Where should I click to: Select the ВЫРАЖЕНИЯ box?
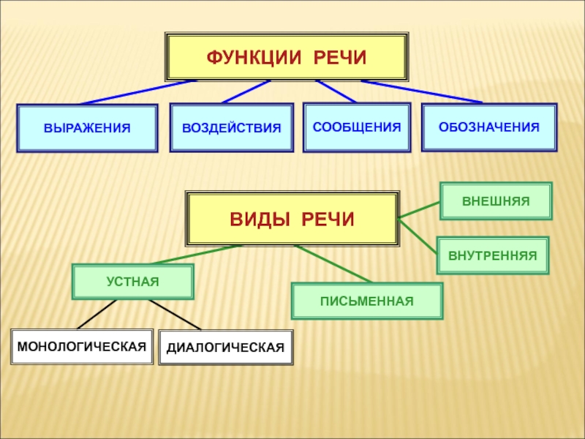[87, 128]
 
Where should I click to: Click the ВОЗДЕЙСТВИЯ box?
[231, 128]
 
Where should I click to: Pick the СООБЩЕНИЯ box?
[357, 127]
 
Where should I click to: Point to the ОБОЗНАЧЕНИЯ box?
[489, 127]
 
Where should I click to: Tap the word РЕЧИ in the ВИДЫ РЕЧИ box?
[327, 218]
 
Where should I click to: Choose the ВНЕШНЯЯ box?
[496, 200]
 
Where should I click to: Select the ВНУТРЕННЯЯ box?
[492, 255]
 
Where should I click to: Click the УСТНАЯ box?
[132, 282]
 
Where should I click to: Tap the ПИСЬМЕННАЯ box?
[366, 301]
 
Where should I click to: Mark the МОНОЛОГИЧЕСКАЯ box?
[82, 346]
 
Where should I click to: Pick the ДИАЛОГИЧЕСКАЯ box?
[225, 348]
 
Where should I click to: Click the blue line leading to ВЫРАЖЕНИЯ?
[137, 92]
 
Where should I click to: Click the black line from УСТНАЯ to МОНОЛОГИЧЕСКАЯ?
[97, 315]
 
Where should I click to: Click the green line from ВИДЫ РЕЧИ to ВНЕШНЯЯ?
[419, 209]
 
